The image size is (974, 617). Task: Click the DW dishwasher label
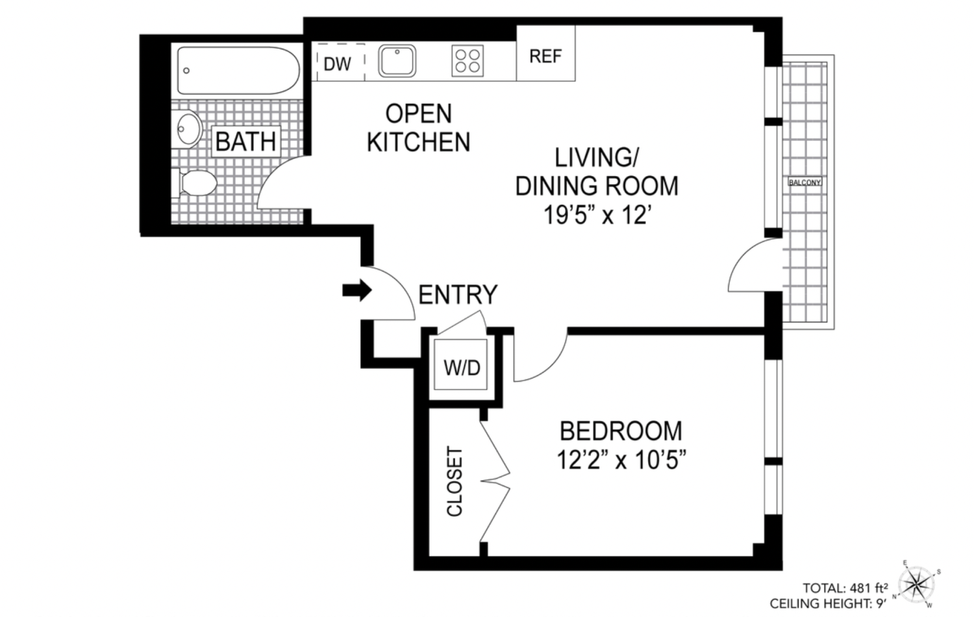(337, 63)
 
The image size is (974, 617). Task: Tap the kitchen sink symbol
(397, 61)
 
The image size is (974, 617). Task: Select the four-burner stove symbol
(468, 61)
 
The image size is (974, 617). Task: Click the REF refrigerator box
(545, 56)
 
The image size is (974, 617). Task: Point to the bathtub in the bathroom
(238, 71)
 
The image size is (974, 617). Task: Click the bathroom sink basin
(190, 129)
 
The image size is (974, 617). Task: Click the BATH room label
(245, 141)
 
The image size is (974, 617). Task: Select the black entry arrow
(356, 290)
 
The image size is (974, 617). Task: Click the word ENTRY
(458, 295)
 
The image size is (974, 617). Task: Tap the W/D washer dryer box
(462, 368)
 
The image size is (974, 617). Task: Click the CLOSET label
(455, 481)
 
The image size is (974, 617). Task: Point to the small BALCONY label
(805, 183)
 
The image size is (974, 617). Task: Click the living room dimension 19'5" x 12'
(597, 215)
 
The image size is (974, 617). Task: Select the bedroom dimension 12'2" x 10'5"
(621, 460)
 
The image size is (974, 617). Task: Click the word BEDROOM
(621, 431)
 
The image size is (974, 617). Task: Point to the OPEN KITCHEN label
(418, 128)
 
